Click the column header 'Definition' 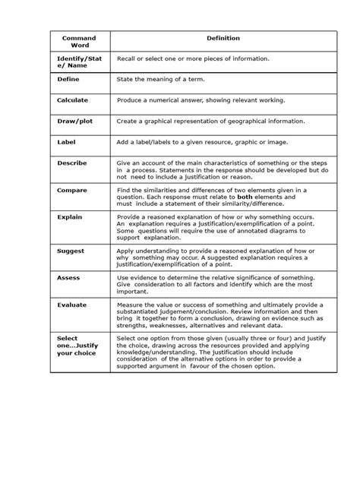(223, 38)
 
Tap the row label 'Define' (68, 78)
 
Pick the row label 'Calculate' (72, 99)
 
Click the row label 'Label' (66, 141)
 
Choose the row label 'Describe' (72, 163)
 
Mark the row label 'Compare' (72, 190)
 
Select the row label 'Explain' (70, 216)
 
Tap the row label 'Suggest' (71, 250)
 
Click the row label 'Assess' (68, 277)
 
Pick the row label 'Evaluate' (71, 305)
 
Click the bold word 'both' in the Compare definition (245, 197)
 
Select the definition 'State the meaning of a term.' (160, 78)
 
